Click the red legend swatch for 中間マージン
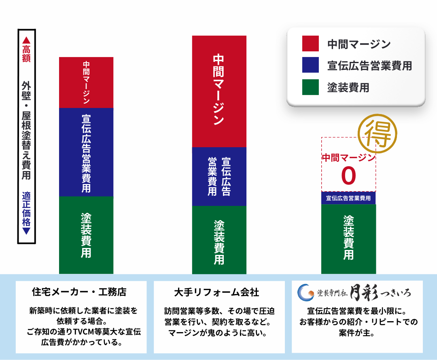click(310, 43)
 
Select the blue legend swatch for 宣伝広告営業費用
click(310, 65)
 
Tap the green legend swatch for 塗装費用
click(310, 87)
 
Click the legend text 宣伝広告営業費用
click(369, 66)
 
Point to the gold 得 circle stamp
click(378, 133)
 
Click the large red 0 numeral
click(348, 176)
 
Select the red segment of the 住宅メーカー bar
click(86, 83)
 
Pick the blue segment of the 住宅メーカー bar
click(86, 152)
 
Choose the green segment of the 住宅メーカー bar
click(86, 235)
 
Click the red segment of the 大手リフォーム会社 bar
click(219, 91)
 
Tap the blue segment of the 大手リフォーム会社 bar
click(219, 176)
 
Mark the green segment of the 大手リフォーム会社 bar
click(219, 240)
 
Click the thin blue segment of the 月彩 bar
click(348, 198)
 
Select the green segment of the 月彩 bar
click(348, 239)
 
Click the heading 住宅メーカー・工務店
click(79, 292)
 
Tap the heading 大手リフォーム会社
click(216, 292)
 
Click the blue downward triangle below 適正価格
click(26, 231)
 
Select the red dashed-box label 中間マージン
click(349, 158)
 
